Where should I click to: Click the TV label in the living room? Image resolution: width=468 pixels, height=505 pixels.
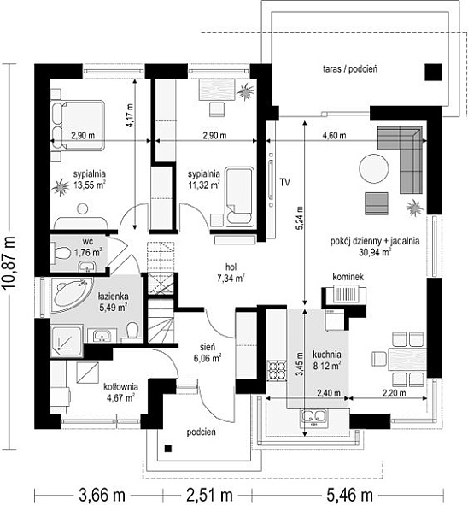[x=284, y=182]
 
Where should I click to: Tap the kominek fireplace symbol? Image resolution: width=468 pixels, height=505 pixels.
[x=345, y=294]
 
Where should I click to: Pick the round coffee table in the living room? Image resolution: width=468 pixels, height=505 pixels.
[x=374, y=169]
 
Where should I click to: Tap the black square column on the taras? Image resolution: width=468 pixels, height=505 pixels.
[x=433, y=72]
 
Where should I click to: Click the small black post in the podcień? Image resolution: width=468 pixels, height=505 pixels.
[x=167, y=449]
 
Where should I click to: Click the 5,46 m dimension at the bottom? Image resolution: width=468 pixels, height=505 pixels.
[x=350, y=495]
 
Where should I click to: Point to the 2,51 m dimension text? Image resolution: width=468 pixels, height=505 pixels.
[x=209, y=495]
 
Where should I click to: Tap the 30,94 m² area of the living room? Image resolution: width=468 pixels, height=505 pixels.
[x=375, y=252]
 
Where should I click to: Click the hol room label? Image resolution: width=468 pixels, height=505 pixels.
[x=231, y=267]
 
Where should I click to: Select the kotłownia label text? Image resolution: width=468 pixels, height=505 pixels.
[x=120, y=386]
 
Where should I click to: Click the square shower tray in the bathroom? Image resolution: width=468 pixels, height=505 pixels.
[x=67, y=342]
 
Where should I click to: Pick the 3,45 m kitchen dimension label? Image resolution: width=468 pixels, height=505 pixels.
[x=300, y=364]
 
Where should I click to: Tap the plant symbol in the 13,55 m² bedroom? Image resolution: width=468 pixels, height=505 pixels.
[x=60, y=187]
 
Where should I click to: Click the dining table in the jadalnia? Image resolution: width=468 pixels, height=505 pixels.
[x=408, y=359]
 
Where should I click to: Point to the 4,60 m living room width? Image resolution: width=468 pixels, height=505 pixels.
[x=335, y=136]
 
